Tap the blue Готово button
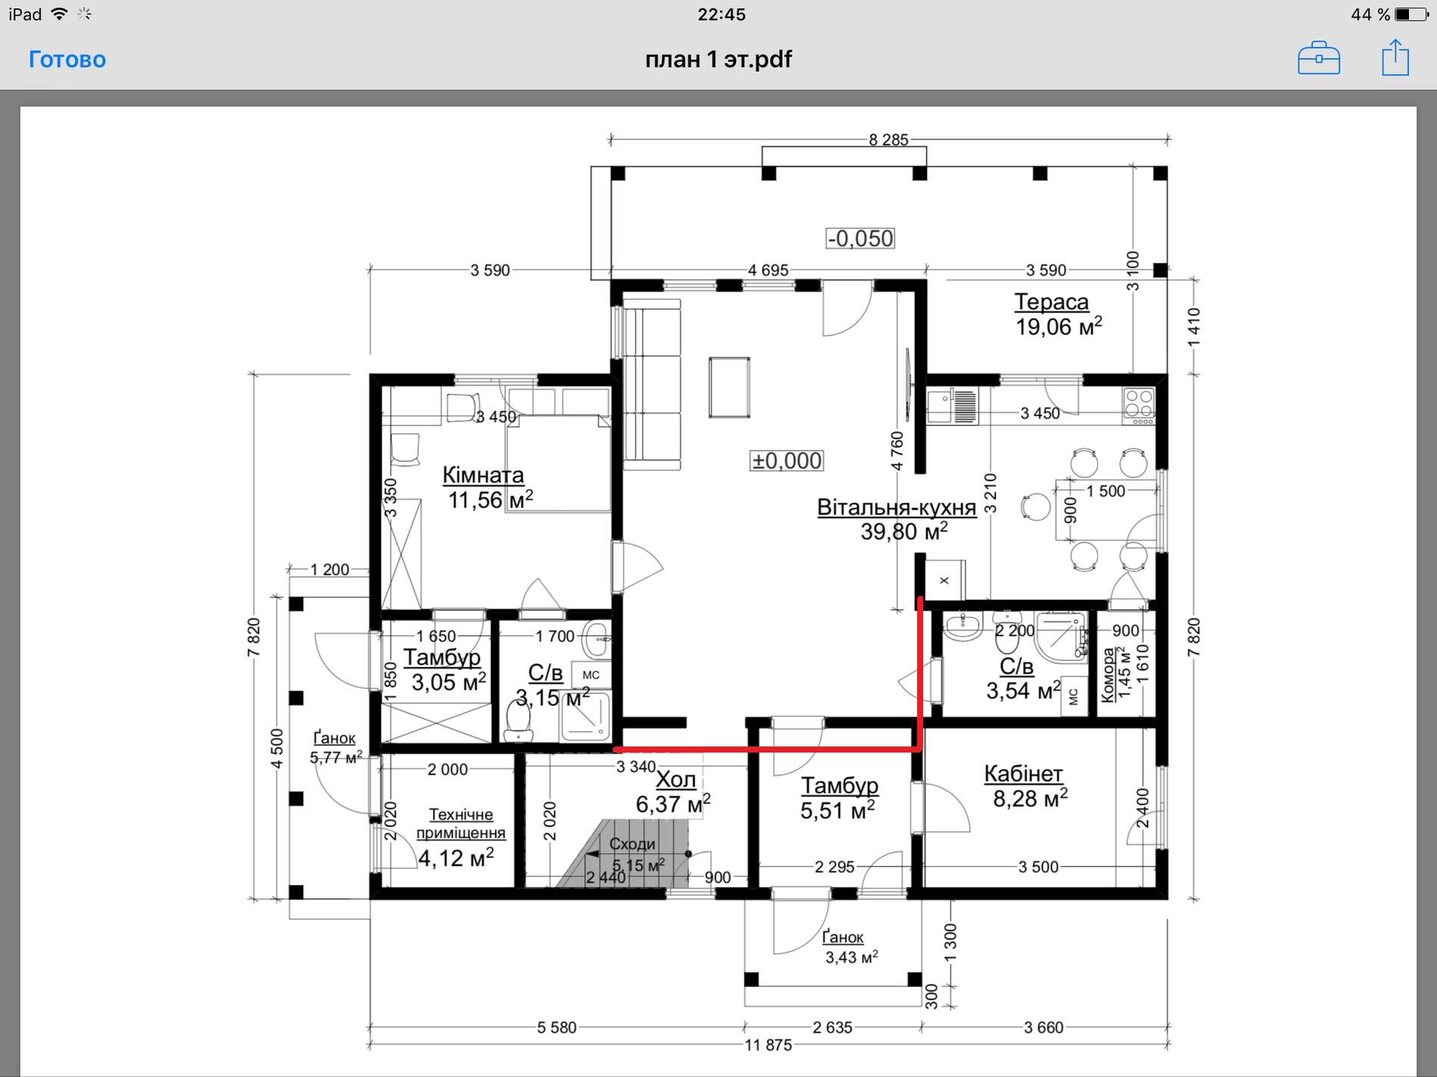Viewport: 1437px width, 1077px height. pos(67,60)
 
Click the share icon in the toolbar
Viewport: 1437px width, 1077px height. pos(1395,58)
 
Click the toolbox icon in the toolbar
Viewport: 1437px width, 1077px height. pos(1318,59)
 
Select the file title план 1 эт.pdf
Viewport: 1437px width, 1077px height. pos(718,60)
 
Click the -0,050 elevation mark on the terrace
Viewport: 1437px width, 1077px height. pos(860,238)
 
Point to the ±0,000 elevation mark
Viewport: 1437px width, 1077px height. pos(787,461)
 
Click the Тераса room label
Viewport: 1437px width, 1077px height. pos(1051,302)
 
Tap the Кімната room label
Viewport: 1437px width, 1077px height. pos(483,475)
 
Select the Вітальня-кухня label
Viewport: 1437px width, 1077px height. pos(897,507)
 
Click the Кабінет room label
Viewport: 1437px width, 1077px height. pos(1023,774)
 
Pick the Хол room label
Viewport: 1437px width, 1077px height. pos(676,779)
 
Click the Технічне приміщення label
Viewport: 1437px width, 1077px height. pos(461,824)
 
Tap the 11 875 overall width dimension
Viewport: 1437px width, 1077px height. pos(768,1044)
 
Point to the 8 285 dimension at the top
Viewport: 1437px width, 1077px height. pos(888,140)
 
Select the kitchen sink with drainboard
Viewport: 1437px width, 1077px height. pos(953,405)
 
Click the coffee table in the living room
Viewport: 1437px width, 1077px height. pos(729,387)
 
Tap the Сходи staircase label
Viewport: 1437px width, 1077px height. pos(632,844)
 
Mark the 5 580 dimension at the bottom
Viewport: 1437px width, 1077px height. pos(557,1027)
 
